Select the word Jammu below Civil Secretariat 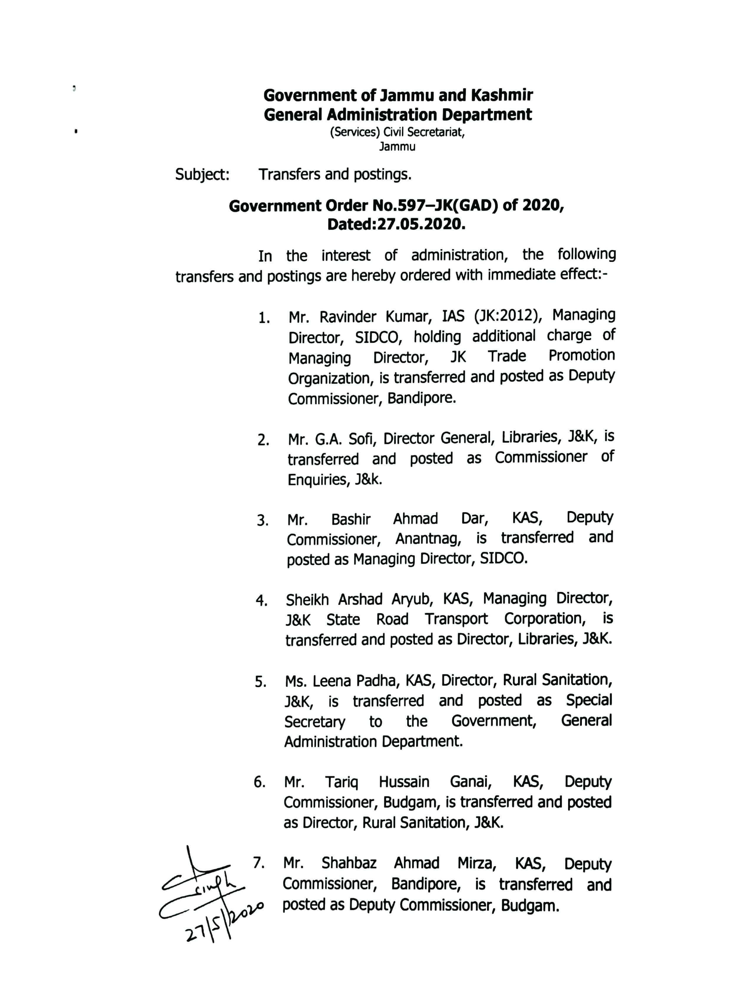[397, 147]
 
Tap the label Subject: [202, 175]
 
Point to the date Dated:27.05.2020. [396, 225]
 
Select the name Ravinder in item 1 [347, 317]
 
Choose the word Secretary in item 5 [314, 722]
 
